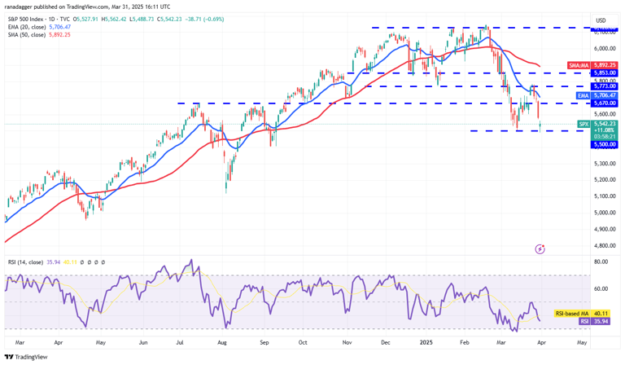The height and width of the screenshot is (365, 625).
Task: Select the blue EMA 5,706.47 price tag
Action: [x=598, y=95]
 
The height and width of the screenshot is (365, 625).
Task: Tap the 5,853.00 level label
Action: [x=605, y=73]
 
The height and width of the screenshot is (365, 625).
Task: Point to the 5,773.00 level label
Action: [x=605, y=86]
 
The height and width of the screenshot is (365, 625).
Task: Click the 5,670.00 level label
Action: [x=605, y=103]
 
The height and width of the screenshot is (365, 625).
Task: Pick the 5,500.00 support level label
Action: [x=605, y=144]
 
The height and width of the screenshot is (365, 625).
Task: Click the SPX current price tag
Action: [x=598, y=127]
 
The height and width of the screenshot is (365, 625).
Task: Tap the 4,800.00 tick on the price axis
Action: [x=605, y=245]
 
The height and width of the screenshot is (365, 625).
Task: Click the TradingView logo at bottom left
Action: [x=26, y=357]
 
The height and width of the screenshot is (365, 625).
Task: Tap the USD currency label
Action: [x=601, y=20]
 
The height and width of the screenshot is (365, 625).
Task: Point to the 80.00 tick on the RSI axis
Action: [x=602, y=262]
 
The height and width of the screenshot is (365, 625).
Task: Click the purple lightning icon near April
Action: [x=539, y=248]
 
